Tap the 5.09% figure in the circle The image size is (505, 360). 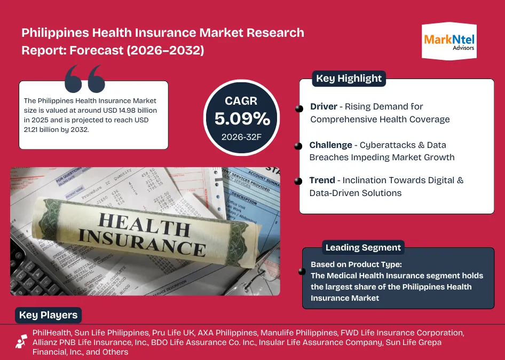[242, 119]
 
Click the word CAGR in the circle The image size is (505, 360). [241, 100]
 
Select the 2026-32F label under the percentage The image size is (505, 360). [242, 137]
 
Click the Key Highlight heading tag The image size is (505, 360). [349, 79]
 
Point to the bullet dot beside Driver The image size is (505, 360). [299, 109]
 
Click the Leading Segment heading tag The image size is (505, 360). [363, 248]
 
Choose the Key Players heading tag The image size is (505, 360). [48, 315]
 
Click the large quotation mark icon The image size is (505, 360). [84, 79]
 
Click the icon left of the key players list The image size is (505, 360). [21, 341]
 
